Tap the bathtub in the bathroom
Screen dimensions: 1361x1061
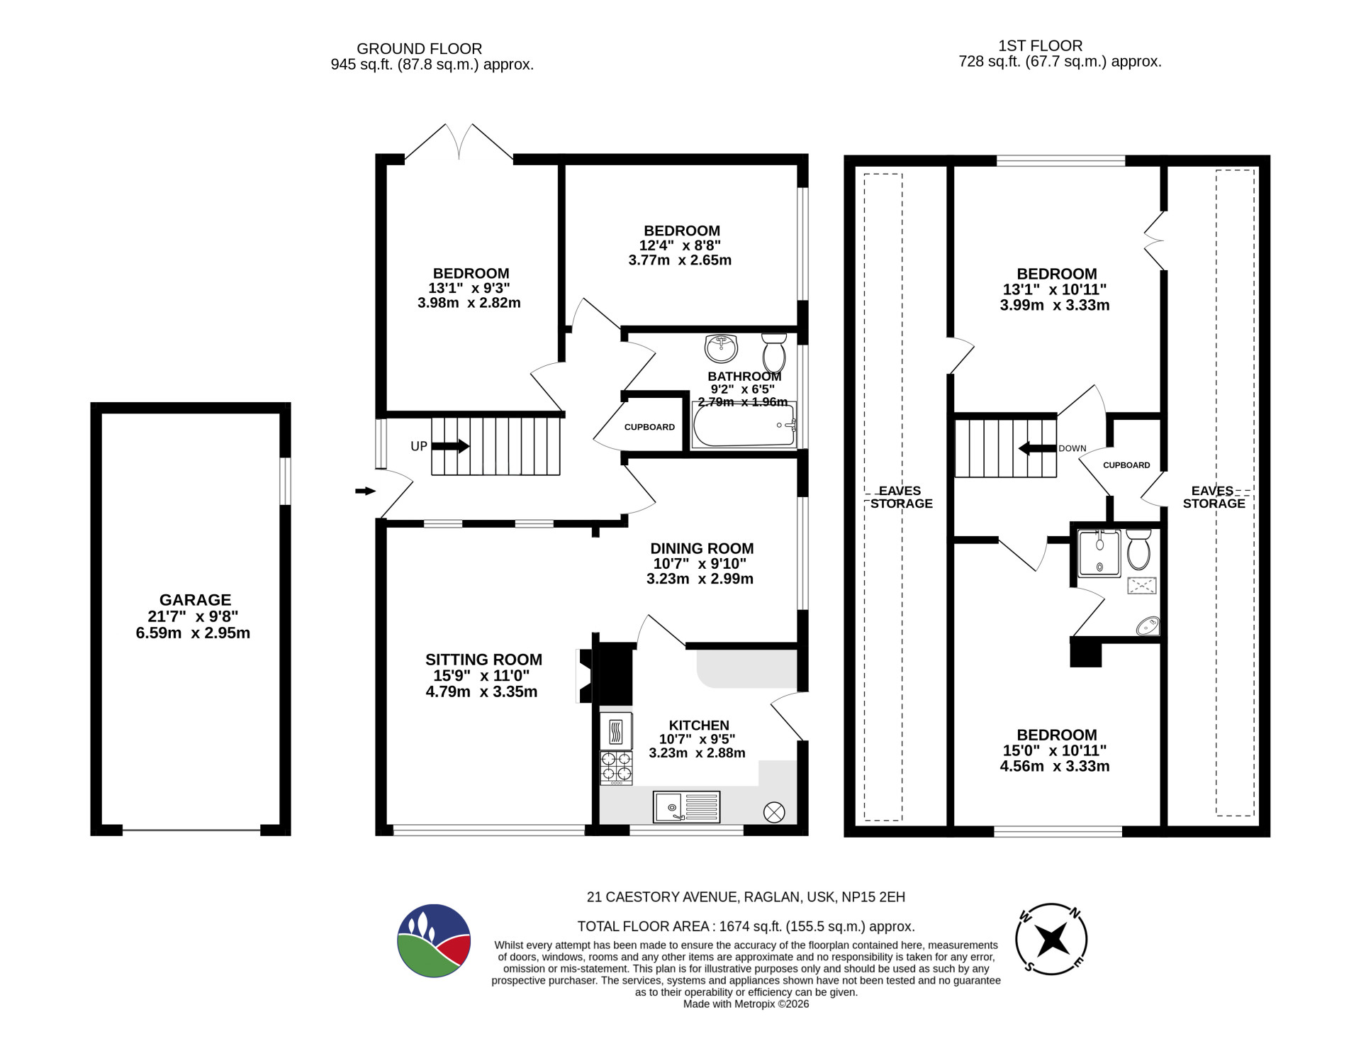744,425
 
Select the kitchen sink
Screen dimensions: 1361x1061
687,807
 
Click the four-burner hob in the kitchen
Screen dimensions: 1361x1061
616,768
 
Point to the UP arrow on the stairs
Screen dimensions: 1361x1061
450,446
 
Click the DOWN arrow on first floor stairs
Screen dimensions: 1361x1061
1037,449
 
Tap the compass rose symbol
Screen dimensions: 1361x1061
1051,940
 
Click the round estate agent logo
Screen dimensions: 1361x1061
434,940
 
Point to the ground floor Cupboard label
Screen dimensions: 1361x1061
649,427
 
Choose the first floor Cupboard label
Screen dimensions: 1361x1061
1126,465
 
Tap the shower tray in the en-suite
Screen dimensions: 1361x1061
1099,553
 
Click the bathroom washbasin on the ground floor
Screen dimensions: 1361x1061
722,348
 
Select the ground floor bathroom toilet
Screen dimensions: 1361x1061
773,349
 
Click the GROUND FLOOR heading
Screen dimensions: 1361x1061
419,49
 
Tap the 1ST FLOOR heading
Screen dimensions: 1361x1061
1040,46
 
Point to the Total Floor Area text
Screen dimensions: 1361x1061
746,926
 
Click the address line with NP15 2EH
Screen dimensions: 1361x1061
746,897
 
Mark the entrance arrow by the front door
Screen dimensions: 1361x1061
365,491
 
